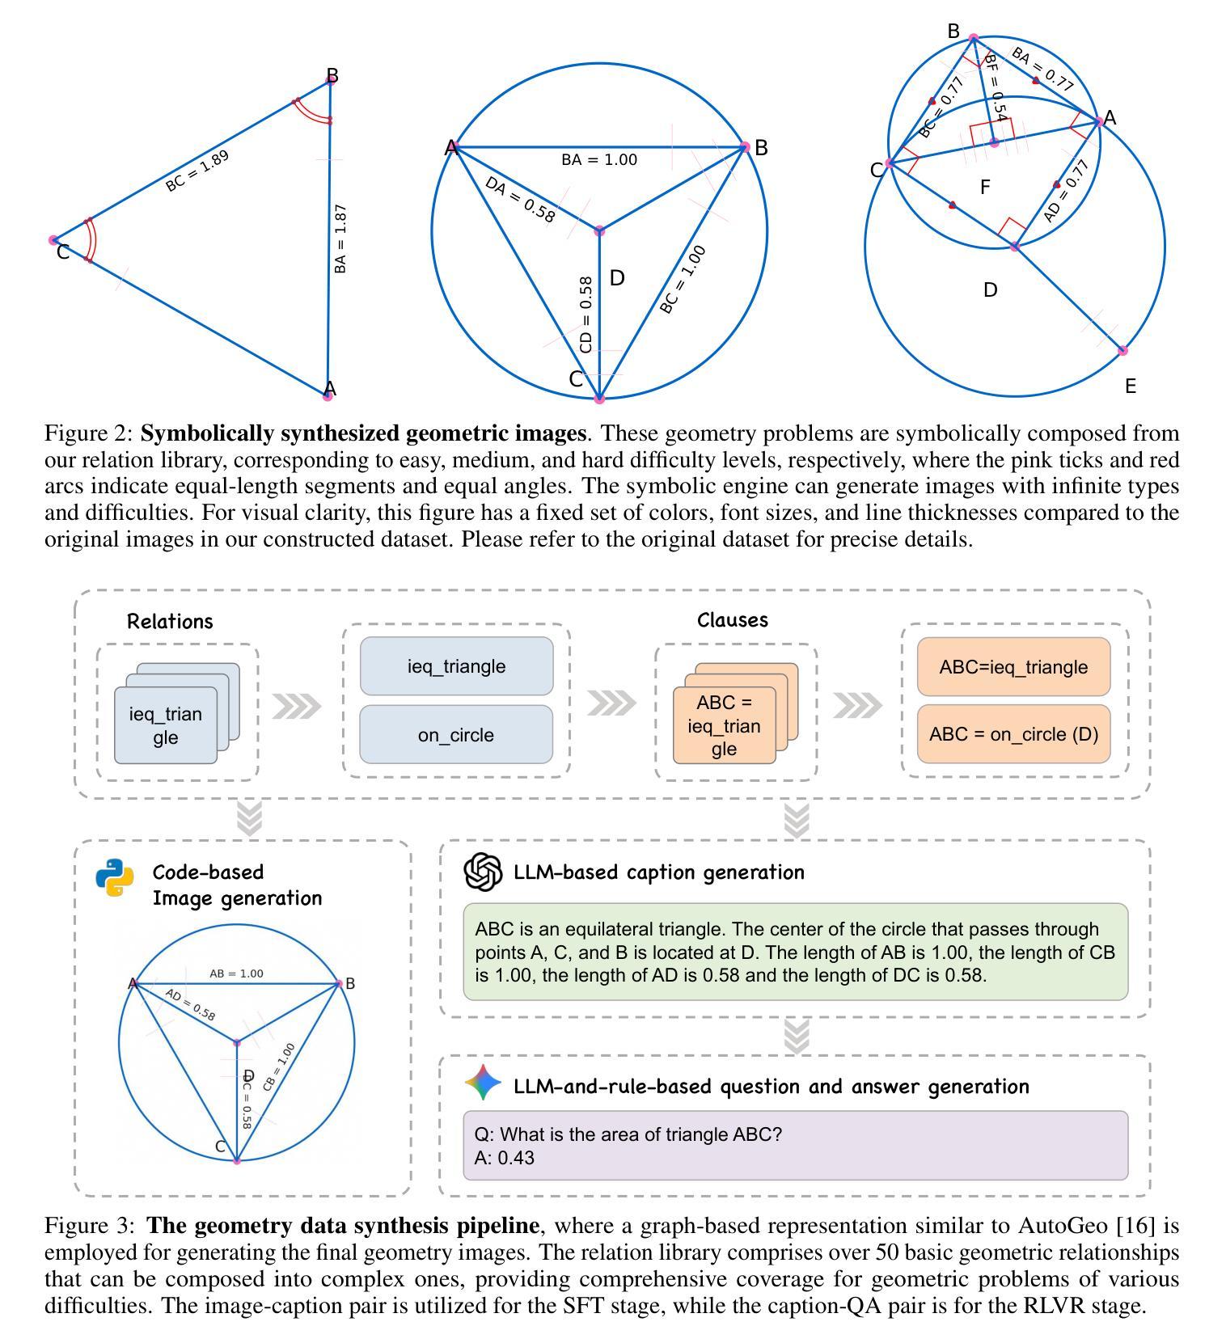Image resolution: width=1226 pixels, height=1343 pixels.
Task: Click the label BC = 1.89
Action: click(197, 171)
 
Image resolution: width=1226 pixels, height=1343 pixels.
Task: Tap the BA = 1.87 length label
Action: click(340, 239)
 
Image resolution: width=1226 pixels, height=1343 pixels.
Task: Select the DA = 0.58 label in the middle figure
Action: click(520, 199)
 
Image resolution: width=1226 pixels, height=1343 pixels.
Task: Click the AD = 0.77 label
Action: click(1066, 191)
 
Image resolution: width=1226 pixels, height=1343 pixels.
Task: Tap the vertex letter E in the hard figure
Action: click(1131, 386)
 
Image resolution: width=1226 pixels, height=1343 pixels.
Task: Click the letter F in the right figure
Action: click(985, 188)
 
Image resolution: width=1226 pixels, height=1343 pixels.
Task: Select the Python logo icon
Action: click(115, 877)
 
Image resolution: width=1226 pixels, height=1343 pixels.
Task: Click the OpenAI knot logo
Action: click(484, 872)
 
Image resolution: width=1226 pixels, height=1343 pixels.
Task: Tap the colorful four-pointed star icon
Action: click(484, 1082)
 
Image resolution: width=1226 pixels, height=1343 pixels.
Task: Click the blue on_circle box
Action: click(456, 735)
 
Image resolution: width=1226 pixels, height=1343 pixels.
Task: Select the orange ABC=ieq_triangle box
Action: click(1013, 667)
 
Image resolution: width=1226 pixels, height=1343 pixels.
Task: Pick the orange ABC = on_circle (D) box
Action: click(1013, 734)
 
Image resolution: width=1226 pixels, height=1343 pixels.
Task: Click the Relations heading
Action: click(170, 621)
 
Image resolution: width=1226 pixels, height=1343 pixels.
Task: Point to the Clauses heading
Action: click(733, 620)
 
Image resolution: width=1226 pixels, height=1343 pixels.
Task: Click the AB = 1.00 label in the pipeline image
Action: click(236, 973)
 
